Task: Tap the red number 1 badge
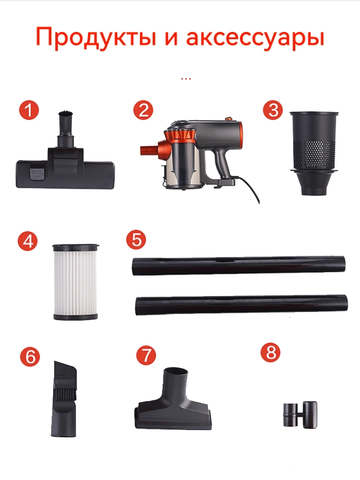point(29,110)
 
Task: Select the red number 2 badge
point(143,110)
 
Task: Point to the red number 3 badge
point(273,109)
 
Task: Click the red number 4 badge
point(27,241)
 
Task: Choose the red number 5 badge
point(136,239)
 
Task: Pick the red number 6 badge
point(30,357)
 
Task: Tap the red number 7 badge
point(146,355)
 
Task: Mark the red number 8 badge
point(271,352)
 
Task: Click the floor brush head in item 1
point(65,169)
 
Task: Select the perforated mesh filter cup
point(314,153)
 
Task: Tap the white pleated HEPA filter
point(75,282)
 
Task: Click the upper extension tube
point(239,265)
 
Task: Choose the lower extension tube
point(241,305)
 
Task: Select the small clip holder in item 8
point(299,414)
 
